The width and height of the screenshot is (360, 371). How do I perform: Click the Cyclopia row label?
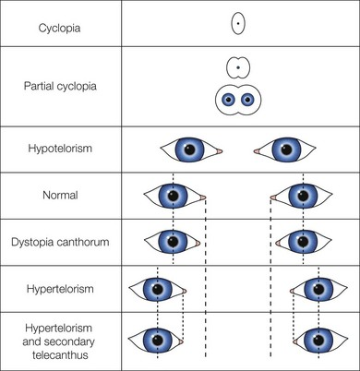coord(60,29)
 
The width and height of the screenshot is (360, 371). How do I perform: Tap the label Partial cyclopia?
coord(60,86)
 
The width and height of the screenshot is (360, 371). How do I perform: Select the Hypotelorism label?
coord(60,149)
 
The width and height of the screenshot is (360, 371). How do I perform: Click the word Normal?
coord(60,195)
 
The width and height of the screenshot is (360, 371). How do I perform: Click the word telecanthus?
coord(60,355)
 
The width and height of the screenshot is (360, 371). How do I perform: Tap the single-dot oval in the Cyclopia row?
coord(238,23)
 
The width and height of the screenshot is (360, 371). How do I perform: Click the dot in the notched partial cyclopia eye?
coord(238,67)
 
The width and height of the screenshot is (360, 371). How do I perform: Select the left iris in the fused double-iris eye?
coord(229,100)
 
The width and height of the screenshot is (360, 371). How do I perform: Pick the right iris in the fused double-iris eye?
coord(247,100)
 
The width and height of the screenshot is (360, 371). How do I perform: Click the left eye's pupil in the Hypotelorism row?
coord(189,150)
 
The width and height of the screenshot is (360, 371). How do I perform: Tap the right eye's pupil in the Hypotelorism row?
coord(286,150)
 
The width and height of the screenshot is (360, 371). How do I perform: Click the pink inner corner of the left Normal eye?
coord(202,197)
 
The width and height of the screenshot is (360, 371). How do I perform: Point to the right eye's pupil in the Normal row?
coord(303,196)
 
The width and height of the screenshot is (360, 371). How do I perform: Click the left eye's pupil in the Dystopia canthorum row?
coord(173,242)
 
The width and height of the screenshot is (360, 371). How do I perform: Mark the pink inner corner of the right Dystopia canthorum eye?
coord(278,244)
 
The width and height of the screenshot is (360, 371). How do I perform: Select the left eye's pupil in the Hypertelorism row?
coord(158,289)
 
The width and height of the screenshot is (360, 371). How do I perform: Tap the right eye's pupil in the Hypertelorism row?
coord(318,289)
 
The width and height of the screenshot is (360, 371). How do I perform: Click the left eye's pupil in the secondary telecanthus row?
coord(158,341)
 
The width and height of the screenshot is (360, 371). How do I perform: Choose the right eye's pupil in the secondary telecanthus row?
coord(318,341)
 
